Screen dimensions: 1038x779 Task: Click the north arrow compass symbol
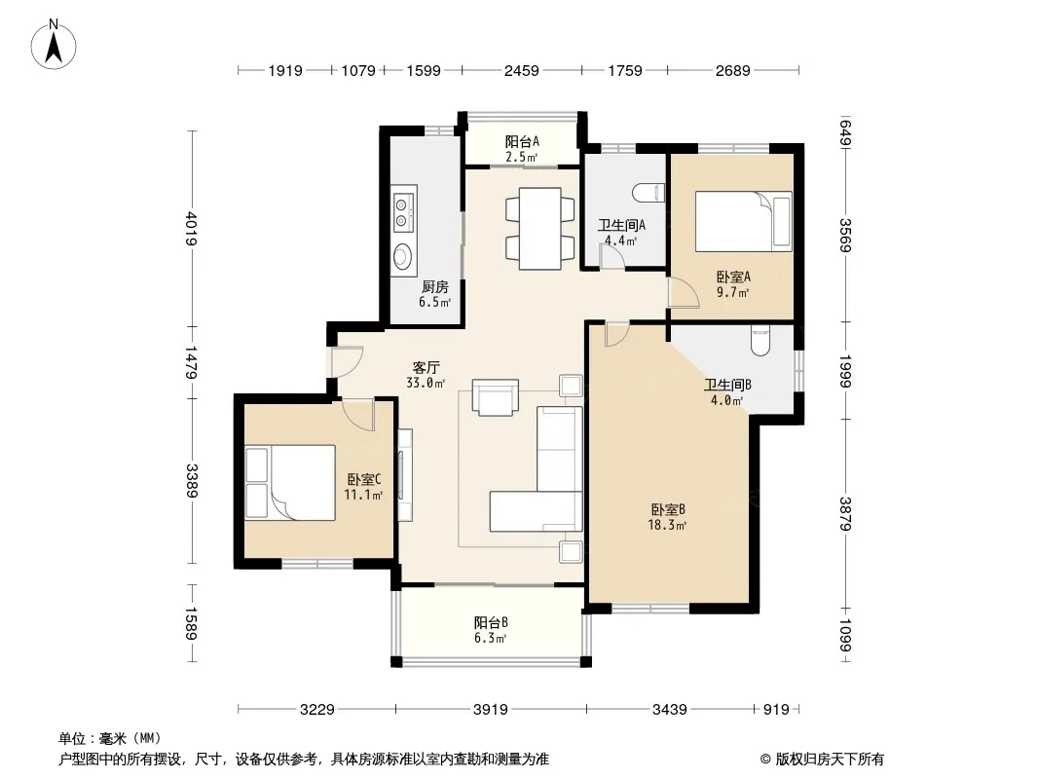(54, 45)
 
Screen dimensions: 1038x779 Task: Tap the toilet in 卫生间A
(649, 193)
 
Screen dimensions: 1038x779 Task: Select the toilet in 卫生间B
(760, 340)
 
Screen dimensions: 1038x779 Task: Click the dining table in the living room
(540, 229)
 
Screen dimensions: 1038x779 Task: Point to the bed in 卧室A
(743, 222)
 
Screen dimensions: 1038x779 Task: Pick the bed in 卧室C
(290, 482)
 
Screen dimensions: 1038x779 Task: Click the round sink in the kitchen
(402, 255)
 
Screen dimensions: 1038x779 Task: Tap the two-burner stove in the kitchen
(402, 212)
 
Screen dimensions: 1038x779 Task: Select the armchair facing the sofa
(496, 397)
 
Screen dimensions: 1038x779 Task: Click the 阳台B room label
(491, 622)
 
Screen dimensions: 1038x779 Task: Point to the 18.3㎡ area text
(667, 526)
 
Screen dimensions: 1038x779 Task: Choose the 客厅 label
(426, 367)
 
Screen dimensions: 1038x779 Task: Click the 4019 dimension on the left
(191, 228)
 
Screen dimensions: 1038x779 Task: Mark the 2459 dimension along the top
(522, 70)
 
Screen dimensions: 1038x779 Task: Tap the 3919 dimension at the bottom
(491, 710)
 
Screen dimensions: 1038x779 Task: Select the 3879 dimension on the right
(845, 514)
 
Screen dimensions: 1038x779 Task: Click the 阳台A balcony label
(522, 141)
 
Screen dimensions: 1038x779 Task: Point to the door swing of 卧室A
(684, 292)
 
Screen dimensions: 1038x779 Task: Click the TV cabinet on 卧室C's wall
(405, 475)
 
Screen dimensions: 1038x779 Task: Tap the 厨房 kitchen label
(435, 286)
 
